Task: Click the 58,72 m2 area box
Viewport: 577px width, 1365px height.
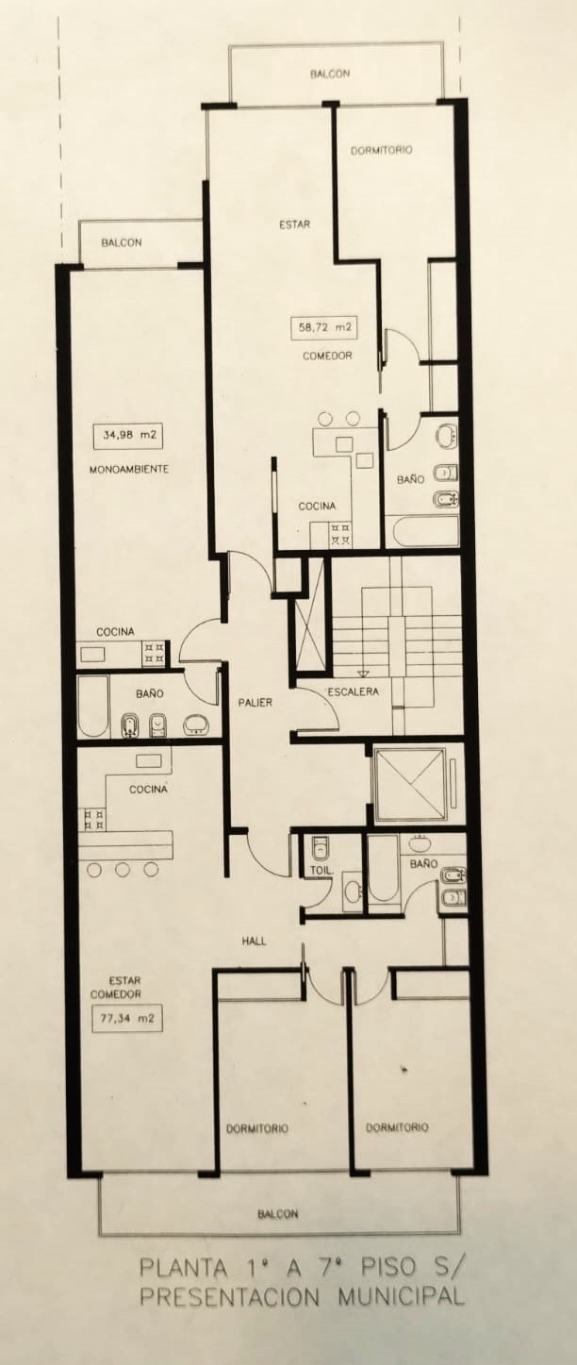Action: coord(324,327)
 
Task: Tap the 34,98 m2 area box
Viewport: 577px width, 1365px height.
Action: coord(128,436)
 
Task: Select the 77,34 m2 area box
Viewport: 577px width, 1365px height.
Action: coord(127,1018)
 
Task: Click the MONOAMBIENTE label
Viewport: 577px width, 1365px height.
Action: coord(129,470)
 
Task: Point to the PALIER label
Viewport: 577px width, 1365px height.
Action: coord(256,703)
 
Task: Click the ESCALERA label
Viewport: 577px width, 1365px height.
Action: coord(353,692)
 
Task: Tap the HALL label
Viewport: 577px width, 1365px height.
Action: coord(254,941)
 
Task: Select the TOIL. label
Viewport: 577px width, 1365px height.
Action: coord(321,871)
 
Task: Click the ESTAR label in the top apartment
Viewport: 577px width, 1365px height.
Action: coord(295,225)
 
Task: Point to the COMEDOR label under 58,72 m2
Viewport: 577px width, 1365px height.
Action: coord(328,356)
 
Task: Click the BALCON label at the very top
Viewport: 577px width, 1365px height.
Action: coord(330,74)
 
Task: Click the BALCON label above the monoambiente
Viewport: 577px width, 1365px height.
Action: coord(122,242)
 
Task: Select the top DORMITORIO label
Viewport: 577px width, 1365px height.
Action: coord(382,150)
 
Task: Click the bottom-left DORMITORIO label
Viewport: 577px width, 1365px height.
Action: coord(257,1128)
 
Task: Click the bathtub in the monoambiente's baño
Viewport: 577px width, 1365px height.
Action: coord(94,707)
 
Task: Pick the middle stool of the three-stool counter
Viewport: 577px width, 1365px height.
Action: coord(123,870)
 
